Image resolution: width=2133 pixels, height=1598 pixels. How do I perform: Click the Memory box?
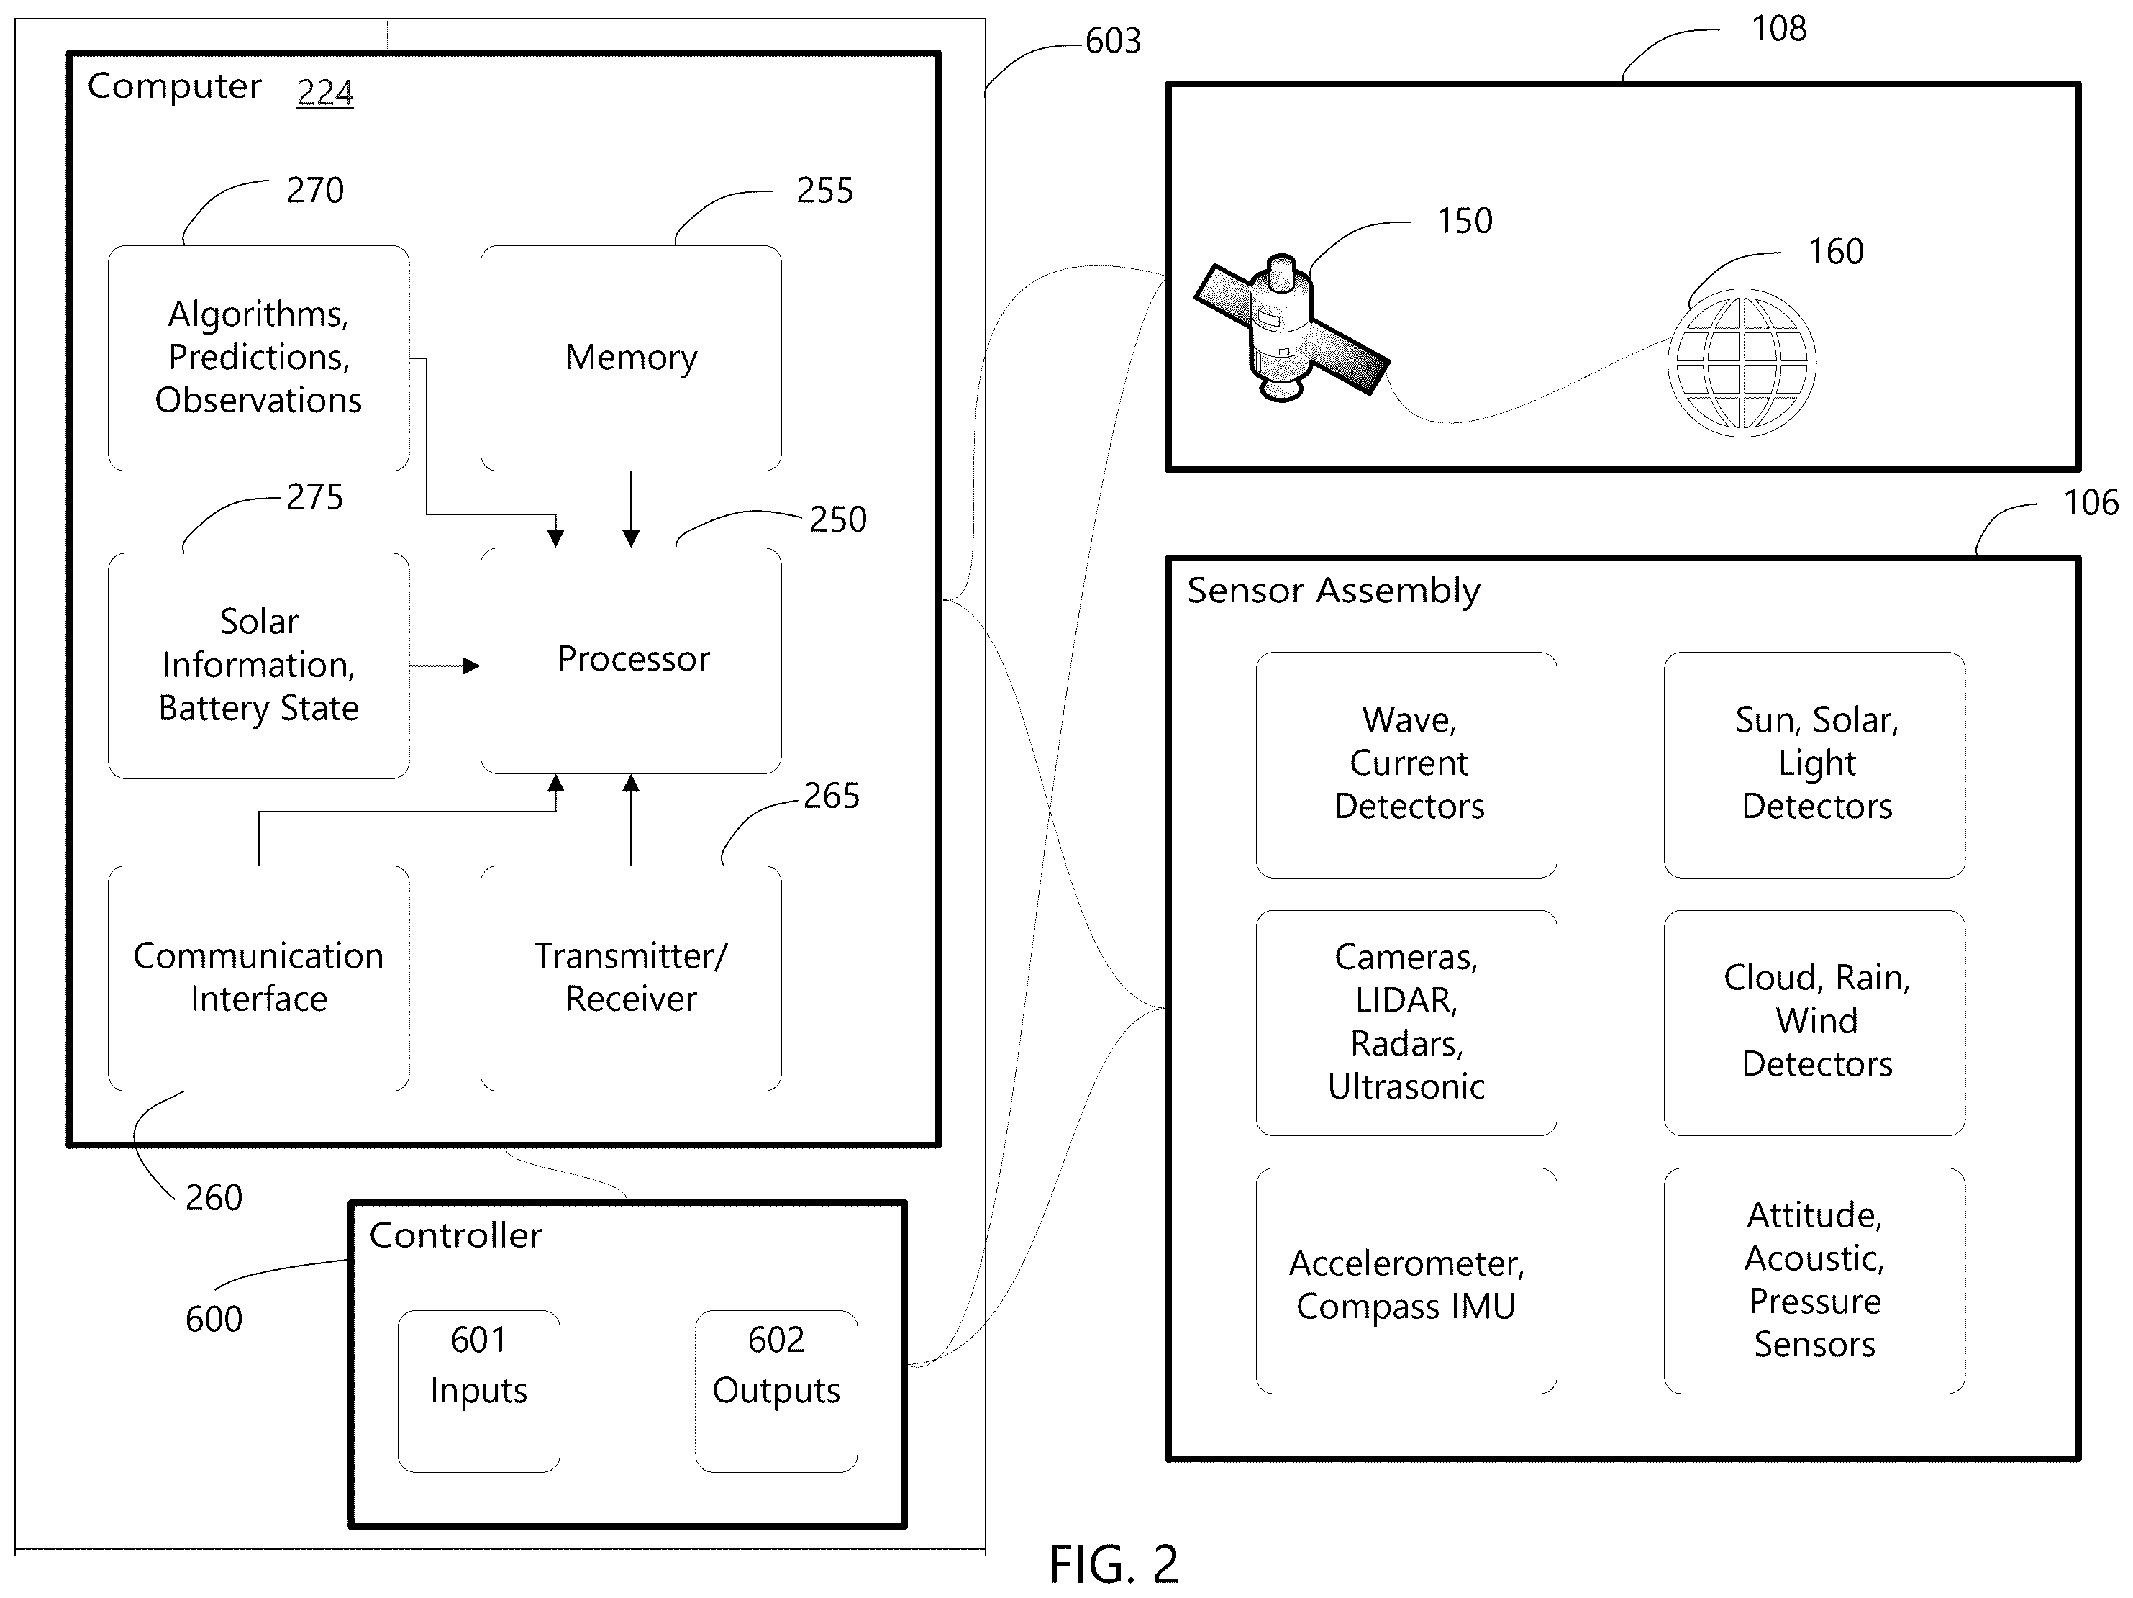pos(631,358)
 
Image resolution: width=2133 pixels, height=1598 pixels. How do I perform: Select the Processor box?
pos(631,660)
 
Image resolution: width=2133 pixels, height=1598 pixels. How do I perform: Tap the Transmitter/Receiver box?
pos(631,978)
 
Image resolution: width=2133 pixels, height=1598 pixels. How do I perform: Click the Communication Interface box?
pos(258,978)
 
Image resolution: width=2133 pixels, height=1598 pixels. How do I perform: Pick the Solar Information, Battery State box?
pos(258,666)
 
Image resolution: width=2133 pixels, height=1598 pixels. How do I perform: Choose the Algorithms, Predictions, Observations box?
pos(258,358)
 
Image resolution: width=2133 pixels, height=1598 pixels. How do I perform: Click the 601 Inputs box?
pos(478,1391)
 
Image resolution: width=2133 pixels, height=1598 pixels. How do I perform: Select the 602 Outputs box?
pos(776,1391)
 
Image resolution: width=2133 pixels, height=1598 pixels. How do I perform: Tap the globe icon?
pos(1742,363)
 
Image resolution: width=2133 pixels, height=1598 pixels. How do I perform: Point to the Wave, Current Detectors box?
pos(1406,765)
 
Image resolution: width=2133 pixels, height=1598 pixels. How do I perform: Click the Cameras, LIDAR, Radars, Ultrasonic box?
pos(1406,1022)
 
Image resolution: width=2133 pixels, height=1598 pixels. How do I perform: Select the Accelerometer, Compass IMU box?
pos(1406,1281)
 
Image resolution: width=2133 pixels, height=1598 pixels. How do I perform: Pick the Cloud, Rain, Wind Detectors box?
pos(1814,1022)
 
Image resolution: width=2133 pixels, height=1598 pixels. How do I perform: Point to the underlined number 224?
pos(325,93)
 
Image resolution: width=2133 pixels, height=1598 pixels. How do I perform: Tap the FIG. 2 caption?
pos(1114,1563)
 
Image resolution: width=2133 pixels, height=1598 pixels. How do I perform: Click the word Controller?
pos(455,1235)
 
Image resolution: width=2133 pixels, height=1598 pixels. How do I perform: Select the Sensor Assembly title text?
pos(1332,590)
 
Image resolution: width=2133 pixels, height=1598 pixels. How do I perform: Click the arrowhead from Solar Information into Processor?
pos(470,666)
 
